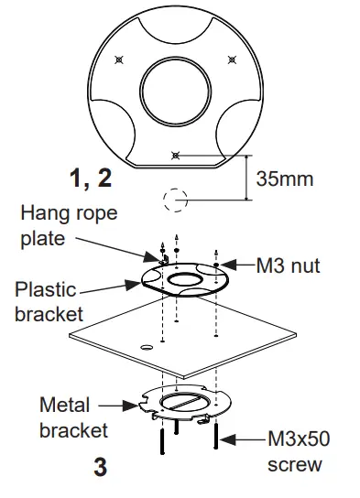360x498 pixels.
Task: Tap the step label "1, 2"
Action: point(91,177)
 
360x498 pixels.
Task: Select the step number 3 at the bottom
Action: point(100,467)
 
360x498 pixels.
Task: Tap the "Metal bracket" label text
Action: point(74,417)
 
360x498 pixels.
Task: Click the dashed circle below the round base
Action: point(175,199)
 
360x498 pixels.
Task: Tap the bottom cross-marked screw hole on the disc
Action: point(177,154)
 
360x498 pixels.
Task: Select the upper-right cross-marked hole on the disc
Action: point(231,60)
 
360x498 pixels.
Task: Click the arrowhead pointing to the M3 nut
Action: point(225,265)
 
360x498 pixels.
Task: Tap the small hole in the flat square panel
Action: point(145,347)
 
